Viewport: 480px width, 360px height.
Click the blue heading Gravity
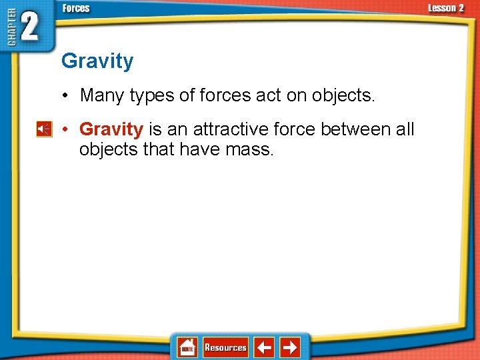point(97,61)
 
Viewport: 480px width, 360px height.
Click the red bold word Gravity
point(111,129)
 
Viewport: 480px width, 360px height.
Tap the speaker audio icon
point(44,129)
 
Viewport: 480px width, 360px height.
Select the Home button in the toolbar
point(187,347)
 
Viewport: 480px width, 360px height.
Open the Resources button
point(225,347)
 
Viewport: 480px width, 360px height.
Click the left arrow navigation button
point(265,347)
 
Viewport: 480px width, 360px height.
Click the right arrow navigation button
point(290,347)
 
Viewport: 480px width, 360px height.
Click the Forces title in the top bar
point(76,9)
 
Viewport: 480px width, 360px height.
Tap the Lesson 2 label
point(446,8)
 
